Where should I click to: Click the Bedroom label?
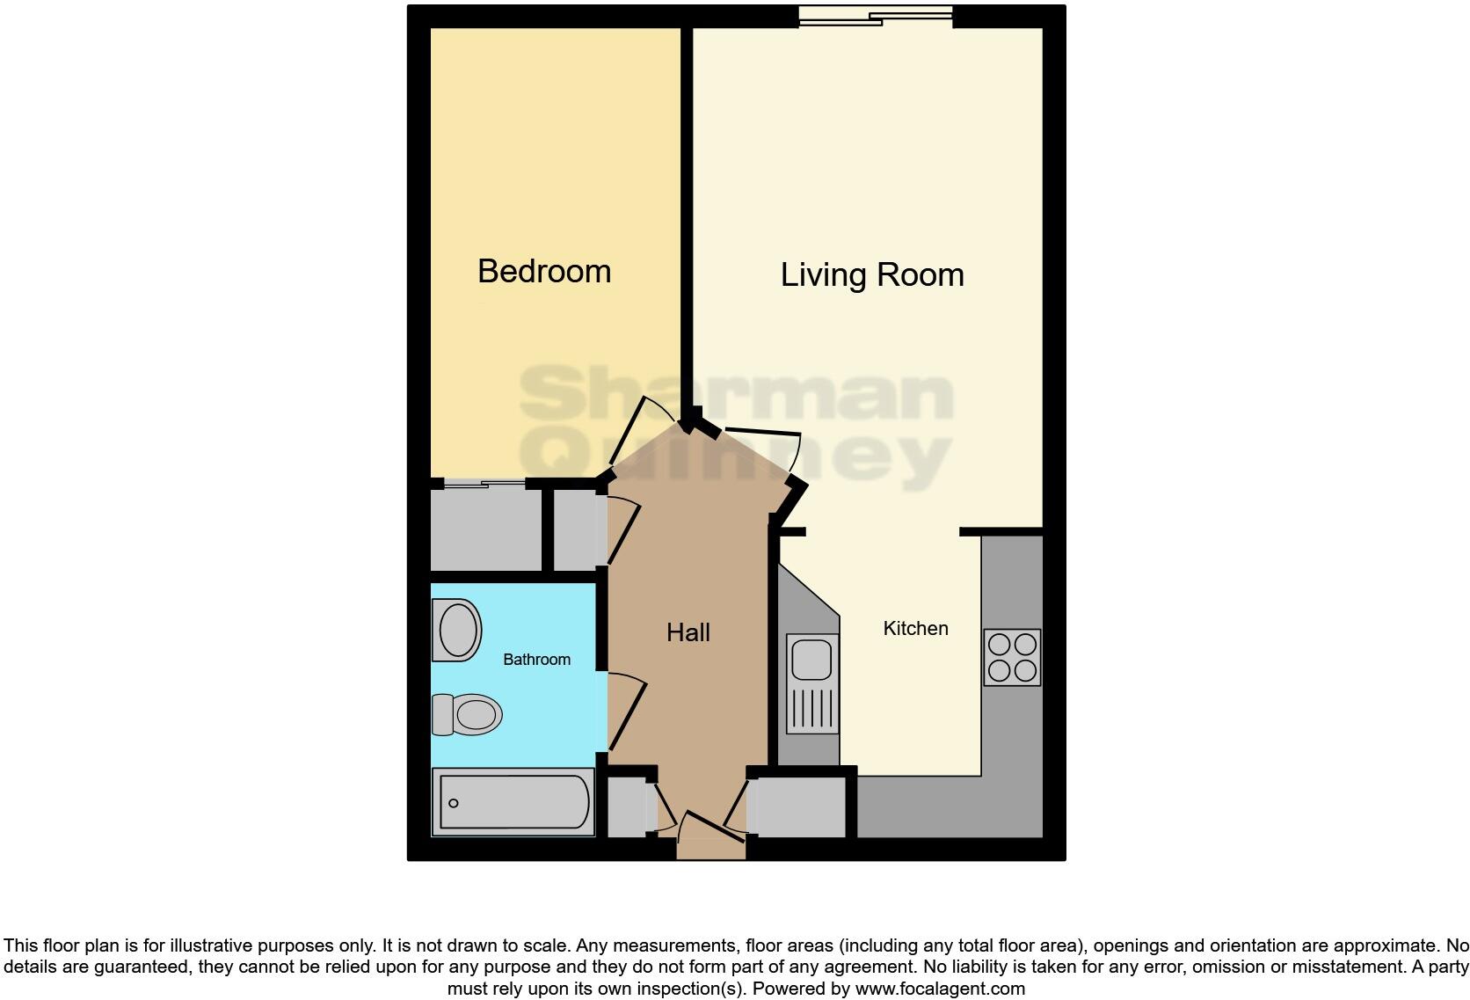click(544, 271)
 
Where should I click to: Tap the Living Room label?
click(871, 274)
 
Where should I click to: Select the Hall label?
click(688, 632)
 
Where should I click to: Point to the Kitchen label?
click(915, 628)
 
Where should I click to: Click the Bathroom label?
click(536, 659)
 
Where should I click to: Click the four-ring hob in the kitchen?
click(1012, 657)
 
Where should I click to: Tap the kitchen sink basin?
click(812, 660)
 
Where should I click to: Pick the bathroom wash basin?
click(456, 630)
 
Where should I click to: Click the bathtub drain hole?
click(454, 803)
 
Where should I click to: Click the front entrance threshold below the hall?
click(710, 849)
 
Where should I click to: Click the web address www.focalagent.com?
click(939, 988)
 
